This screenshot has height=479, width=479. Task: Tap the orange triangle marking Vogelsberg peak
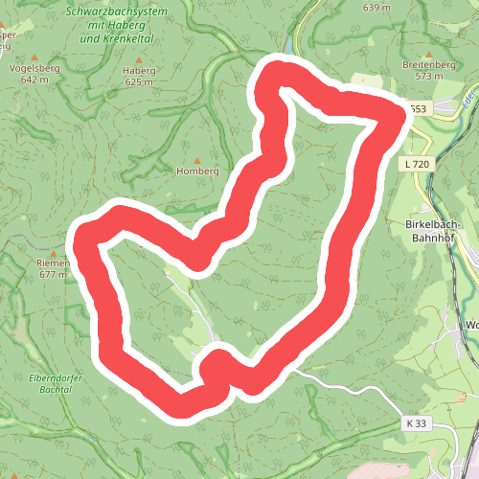[34, 57]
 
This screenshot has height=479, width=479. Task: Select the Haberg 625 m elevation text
[139, 82]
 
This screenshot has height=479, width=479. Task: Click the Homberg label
[198, 171]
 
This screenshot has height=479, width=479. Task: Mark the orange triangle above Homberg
[198, 159]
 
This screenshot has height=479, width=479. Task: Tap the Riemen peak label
[54, 262]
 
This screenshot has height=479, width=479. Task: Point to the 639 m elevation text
[377, 8]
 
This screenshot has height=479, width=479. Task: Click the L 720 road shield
[417, 165]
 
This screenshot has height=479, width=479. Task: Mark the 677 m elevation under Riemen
[54, 274]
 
